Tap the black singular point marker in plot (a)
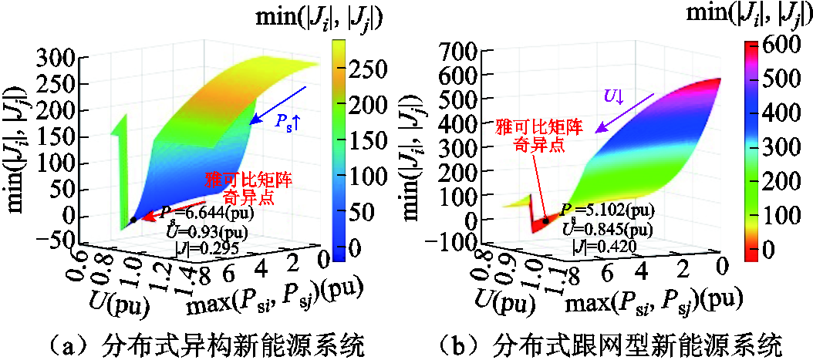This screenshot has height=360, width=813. point(133,220)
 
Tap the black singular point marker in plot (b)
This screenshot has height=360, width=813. point(547,220)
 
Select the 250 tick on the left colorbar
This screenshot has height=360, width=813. point(380,69)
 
